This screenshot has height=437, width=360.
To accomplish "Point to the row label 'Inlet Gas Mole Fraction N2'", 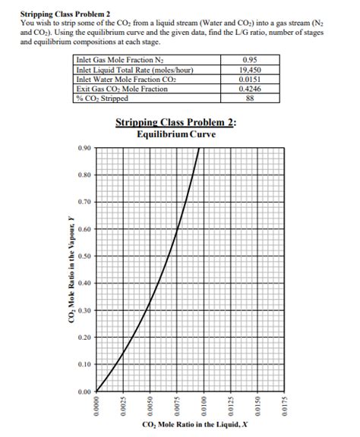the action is (122, 61).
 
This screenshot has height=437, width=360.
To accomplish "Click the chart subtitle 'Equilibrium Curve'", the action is (176, 134).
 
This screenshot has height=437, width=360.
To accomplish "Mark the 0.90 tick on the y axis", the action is (84, 148).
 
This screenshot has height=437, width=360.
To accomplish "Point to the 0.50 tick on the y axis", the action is (84, 256).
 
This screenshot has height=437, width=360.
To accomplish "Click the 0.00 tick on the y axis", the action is (84, 391).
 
